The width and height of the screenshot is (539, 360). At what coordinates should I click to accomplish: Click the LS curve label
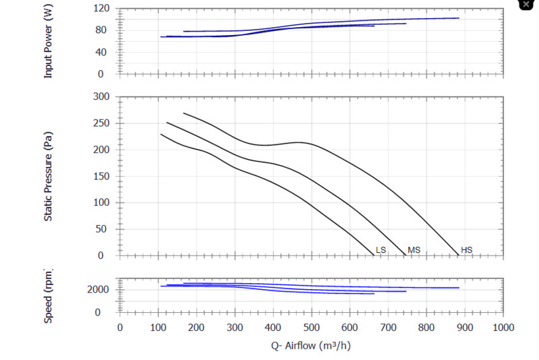click(x=381, y=250)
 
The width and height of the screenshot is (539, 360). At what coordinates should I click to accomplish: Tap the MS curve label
click(x=414, y=250)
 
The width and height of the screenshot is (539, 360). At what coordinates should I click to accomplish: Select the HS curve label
click(x=467, y=250)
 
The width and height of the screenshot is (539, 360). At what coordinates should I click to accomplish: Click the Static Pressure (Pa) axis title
click(x=48, y=176)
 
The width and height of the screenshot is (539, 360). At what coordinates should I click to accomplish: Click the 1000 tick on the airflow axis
click(x=503, y=328)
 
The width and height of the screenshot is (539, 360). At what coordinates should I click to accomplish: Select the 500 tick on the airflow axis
click(x=311, y=328)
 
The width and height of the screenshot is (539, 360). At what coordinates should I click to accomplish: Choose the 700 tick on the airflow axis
click(x=388, y=328)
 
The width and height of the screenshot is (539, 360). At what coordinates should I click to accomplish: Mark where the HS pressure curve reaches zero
click(x=458, y=256)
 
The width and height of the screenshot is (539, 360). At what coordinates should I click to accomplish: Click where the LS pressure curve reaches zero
click(x=374, y=256)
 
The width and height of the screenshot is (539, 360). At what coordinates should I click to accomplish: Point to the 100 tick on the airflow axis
click(x=158, y=328)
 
